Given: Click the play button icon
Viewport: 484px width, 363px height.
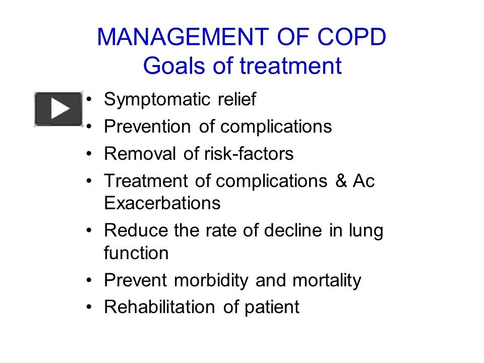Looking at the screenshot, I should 58,108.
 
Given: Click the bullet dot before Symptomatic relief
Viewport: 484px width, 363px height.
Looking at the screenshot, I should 90,99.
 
